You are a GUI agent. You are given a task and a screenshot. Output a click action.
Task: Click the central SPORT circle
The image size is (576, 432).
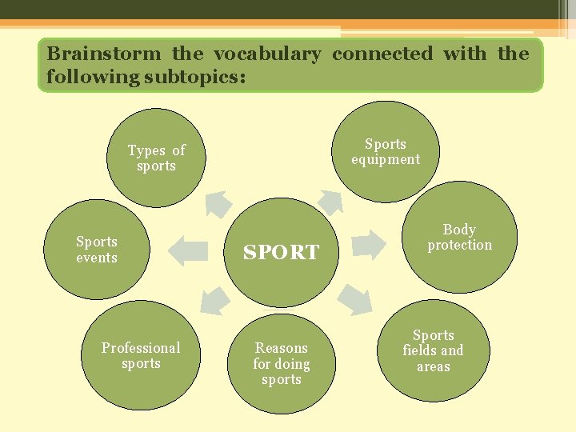(x=281, y=251)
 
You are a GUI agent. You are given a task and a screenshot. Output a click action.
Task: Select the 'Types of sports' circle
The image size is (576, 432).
(x=156, y=158)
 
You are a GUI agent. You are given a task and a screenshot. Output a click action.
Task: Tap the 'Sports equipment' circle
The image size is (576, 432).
(x=385, y=151)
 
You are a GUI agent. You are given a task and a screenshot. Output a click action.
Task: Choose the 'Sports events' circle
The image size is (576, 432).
(x=97, y=249)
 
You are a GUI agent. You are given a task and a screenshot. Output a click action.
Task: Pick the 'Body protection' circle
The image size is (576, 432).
(x=460, y=237)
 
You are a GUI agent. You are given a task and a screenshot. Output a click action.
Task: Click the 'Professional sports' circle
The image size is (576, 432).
(x=141, y=355)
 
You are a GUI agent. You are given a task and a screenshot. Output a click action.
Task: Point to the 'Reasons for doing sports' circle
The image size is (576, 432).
(x=281, y=363)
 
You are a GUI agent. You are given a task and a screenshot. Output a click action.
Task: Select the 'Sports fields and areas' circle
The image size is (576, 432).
(x=433, y=350)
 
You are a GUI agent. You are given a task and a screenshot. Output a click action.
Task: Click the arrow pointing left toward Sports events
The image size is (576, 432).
(x=188, y=250)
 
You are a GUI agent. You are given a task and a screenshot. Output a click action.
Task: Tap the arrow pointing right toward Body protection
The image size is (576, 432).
(x=369, y=244)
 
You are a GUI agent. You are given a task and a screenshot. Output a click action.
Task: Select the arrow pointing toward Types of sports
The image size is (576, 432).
(x=218, y=203)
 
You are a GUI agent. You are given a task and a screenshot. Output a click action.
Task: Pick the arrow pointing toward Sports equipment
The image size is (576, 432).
(x=328, y=200)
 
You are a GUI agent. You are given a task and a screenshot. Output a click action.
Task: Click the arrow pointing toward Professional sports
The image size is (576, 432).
(x=214, y=298)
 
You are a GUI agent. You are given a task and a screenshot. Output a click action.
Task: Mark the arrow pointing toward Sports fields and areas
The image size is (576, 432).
(x=354, y=299)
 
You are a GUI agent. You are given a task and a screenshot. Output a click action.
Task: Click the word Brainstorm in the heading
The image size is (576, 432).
(x=103, y=54)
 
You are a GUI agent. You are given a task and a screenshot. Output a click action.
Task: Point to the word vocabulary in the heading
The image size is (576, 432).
(x=266, y=54)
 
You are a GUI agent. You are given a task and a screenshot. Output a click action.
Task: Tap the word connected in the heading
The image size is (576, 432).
(x=382, y=54)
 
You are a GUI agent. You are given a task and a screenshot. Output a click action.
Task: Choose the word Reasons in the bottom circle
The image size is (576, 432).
(x=281, y=348)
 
